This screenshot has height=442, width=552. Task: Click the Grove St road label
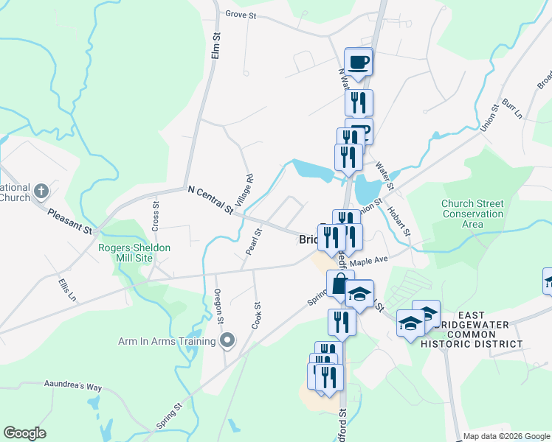241,14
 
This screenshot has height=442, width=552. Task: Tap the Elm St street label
216,46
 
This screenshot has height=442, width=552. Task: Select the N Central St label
210,200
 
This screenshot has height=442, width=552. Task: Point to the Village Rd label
249,189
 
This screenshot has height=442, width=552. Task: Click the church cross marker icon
41,191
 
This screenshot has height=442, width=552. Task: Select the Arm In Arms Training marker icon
228,340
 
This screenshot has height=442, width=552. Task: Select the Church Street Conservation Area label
472,214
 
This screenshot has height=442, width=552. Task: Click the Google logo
24,433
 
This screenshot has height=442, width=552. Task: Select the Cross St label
155,214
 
